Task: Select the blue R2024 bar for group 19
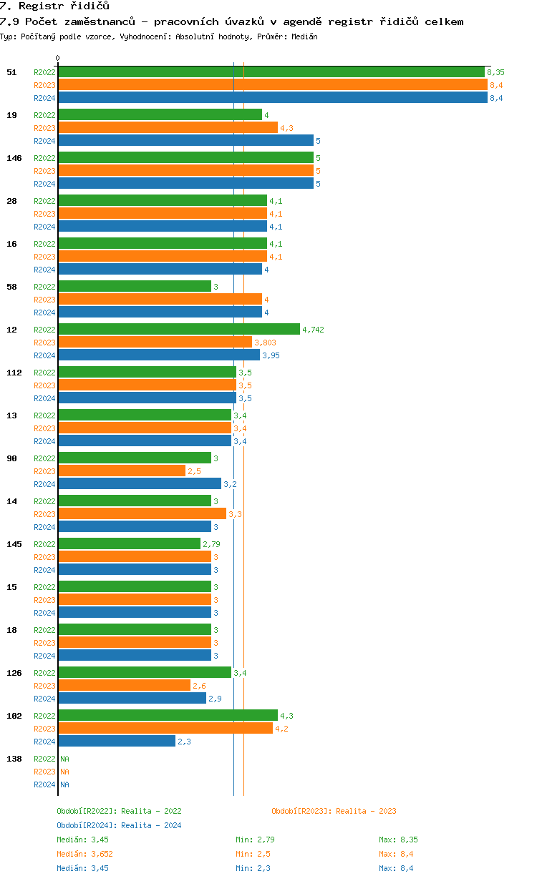click(185, 141)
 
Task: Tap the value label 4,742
click(313, 330)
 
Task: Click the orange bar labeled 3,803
click(155, 343)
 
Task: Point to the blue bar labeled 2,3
click(117, 742)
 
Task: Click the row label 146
click(14, 158)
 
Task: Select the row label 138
click(14, 759)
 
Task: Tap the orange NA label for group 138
click(64, 772)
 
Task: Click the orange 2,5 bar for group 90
click(122, 471)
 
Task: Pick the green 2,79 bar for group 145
click(129, 544)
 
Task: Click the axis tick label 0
click(58, 59)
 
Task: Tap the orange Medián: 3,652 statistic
click(84, 854)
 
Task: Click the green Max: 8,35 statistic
click(398, 840)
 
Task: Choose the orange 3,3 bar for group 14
click(142, 514)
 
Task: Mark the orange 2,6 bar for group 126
click(124, 686)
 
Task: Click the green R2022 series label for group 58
click(44, 287)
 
